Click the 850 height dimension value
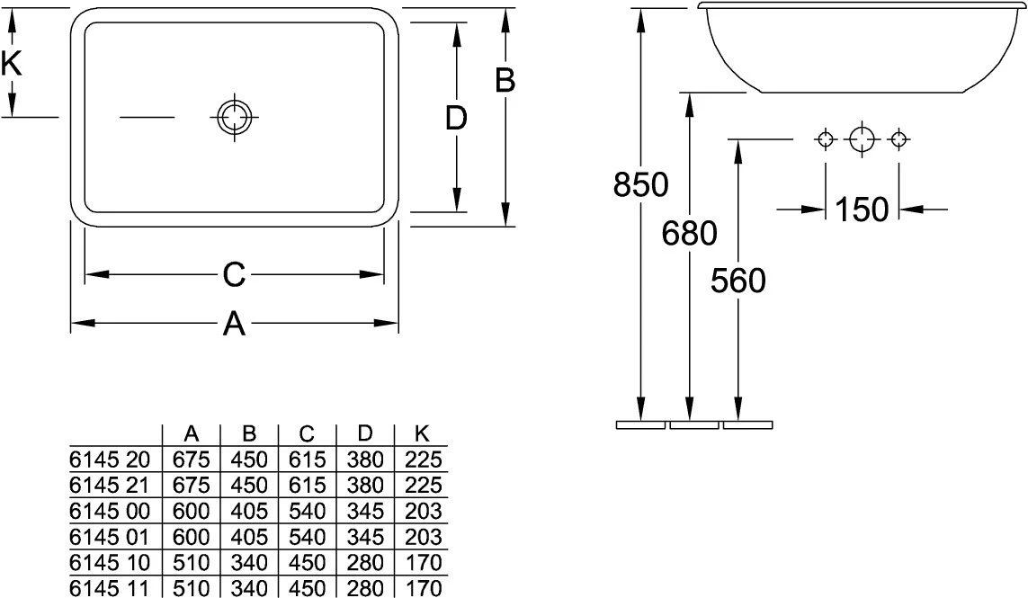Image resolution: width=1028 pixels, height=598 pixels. [640, 185]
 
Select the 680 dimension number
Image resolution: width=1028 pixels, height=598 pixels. [689, 234]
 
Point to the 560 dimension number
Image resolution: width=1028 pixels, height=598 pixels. [737, 281]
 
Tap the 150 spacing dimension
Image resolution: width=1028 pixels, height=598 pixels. [862, 210]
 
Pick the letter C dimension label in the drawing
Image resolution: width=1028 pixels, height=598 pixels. [234, 275]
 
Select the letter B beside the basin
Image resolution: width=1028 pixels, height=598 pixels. [505, 81]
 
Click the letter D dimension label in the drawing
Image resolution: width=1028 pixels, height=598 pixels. [457, 118]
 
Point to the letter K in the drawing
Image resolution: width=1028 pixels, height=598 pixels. [12, 64]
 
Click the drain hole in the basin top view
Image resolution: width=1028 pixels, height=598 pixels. [237, 117]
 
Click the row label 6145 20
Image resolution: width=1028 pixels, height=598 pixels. [110, 460]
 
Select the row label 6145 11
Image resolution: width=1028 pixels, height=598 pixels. [110, 589]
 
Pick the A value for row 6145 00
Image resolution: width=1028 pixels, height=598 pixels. [191, 512]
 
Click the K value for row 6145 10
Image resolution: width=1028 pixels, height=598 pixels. [423, 564]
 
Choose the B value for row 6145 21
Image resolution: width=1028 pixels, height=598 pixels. [249, 486]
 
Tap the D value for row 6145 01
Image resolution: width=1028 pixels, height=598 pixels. [365, 538]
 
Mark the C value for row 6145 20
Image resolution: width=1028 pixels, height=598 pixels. [307, 460]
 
